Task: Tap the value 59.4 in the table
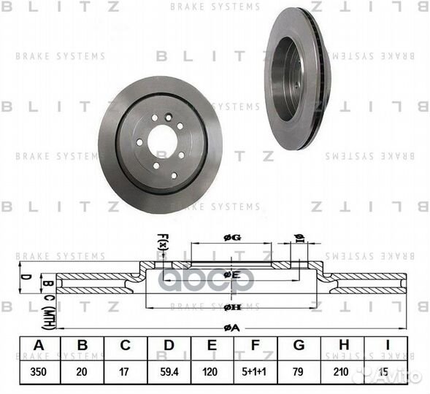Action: coord(170,371)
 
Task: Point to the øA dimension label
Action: coord(231,328)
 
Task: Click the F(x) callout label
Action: coord(162,241)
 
